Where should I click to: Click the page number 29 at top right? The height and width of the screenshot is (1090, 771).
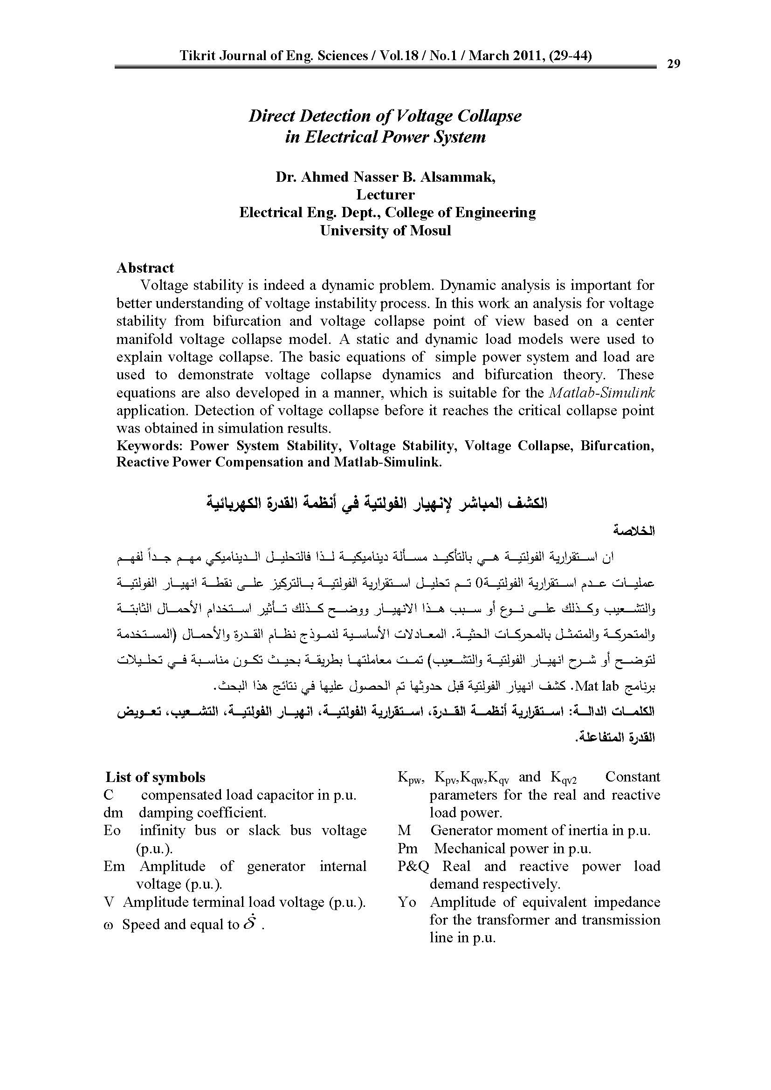click(674, 64)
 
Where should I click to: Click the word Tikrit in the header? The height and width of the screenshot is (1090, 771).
click(196, 56)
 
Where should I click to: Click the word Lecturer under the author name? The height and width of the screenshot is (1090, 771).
click(385, 195)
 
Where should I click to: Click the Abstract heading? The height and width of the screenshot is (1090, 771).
click(145, 268)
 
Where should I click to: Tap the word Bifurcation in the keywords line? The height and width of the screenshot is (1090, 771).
click(617, 446)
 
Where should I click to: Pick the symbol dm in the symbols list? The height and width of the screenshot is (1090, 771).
click(113, 813)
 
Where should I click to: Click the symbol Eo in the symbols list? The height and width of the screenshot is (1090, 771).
click(112, 830)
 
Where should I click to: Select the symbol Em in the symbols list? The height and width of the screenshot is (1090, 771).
click(114, 866)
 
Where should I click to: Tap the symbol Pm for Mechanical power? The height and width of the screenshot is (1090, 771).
click(408, 848)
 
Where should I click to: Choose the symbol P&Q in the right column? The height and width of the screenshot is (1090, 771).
click(413, 866)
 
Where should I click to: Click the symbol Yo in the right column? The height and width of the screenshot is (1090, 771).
click(407, 902)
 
